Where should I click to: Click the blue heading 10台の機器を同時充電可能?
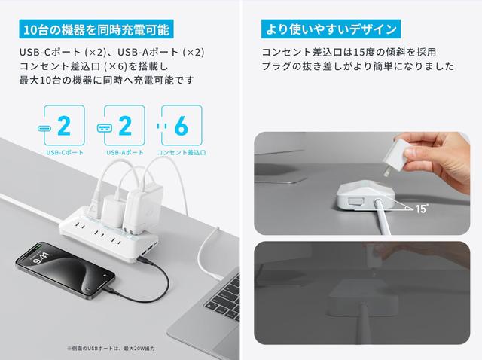(96, 29)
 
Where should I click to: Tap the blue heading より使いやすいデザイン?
(331, 29)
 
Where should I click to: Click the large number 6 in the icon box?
(181, 126)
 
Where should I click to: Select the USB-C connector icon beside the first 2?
(44, 128)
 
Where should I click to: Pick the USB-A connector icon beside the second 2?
(105, 128)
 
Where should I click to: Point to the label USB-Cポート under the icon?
(65, 152)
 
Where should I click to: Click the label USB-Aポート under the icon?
(125, 152)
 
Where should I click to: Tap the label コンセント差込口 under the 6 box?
(182, 152)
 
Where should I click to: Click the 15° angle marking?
(422, 209)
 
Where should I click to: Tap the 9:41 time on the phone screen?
(41, 258)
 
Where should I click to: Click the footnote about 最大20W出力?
(111, 349)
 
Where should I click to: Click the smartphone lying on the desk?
(66, 270)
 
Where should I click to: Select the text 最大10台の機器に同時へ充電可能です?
(106, 81)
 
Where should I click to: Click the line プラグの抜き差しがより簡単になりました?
(358, 66)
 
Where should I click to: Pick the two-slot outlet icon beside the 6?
(162, 126)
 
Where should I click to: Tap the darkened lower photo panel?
(361, 293)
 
